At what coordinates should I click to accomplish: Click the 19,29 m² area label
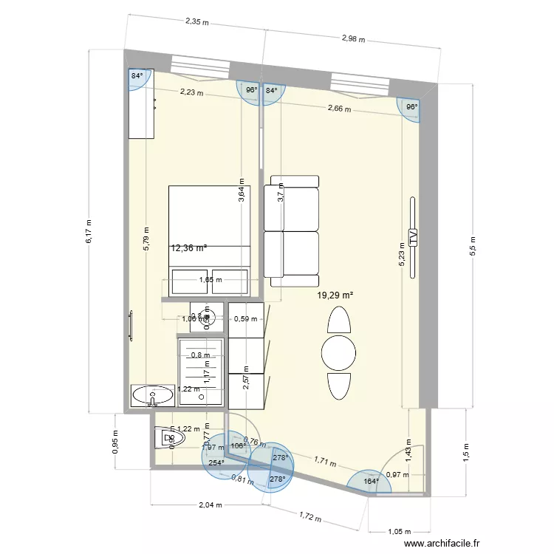(335, 295)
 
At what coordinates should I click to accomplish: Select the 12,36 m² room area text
(189, 248)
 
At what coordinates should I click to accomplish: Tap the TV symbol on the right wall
(413, 236)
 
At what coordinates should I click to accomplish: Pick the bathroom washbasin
(153, 396)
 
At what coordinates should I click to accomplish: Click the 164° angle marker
(371, 482)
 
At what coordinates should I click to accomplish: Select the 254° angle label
(216, 463)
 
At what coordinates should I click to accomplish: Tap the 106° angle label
(238, 445)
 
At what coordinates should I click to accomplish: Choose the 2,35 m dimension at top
(197, 22)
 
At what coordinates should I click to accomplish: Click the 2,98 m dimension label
(353, 38)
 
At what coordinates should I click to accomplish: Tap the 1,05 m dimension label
(400, 531)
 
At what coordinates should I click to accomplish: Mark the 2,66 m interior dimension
(340, 109)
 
